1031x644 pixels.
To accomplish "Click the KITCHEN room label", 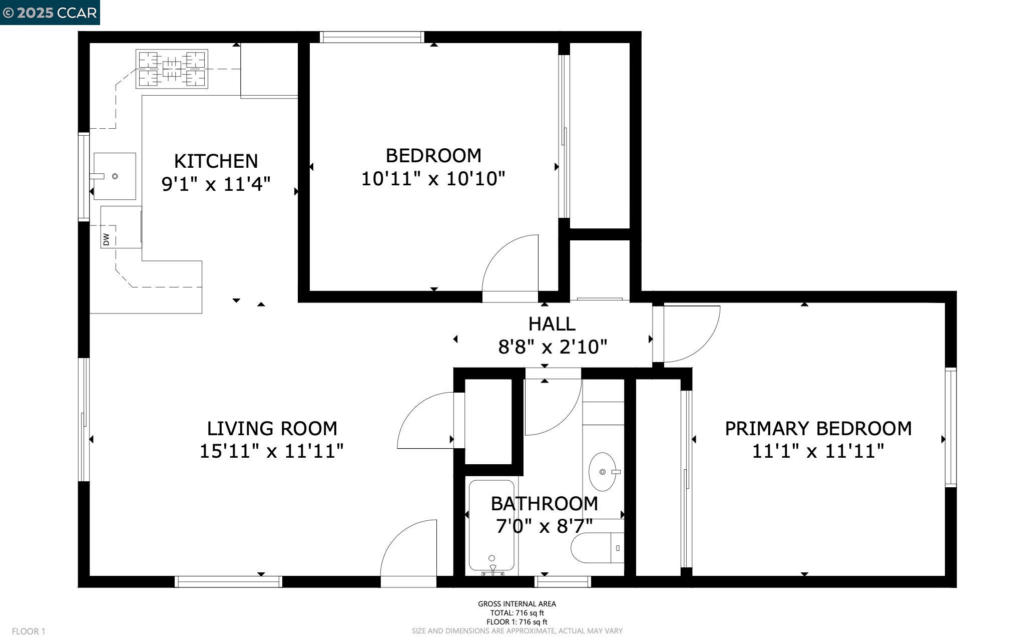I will pos(216,161).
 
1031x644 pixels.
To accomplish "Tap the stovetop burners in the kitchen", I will pos(172,69).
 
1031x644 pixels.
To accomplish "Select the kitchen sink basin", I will pos(115,176).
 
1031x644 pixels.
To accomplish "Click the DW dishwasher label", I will pos(106,240).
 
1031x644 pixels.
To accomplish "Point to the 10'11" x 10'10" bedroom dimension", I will pos(433,179).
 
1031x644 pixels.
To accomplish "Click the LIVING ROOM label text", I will pos(272,429).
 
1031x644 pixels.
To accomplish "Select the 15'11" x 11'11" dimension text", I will pos(272,451).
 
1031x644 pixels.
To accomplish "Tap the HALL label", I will pos(552,324).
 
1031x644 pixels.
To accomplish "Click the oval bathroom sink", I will pos(603,472).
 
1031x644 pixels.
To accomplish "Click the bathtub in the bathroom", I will pos(491,525).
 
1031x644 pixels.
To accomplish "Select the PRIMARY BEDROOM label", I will pos(818,429).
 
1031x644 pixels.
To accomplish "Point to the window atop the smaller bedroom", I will pos(372,37).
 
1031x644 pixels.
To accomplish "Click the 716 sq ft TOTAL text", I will pos(517,612).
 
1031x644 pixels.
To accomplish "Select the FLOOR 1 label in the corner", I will pos(29,631).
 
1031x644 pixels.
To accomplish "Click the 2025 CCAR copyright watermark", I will pos(50,13).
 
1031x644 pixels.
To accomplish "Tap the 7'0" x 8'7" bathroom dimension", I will pos(544,526).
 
